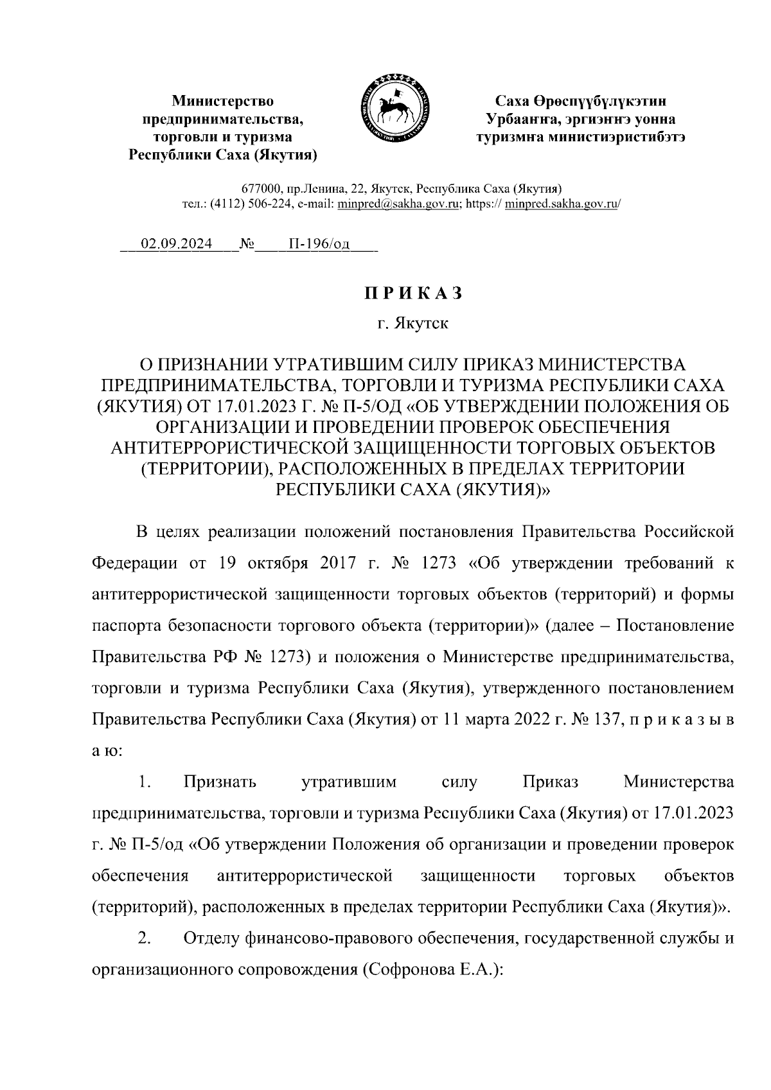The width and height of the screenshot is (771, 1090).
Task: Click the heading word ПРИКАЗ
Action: tap(413, 293)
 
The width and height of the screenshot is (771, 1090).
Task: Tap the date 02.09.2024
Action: tap(177, 245)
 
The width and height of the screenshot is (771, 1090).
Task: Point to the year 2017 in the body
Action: tap(329, 563)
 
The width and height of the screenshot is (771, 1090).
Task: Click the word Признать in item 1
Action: tap(220, 782)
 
